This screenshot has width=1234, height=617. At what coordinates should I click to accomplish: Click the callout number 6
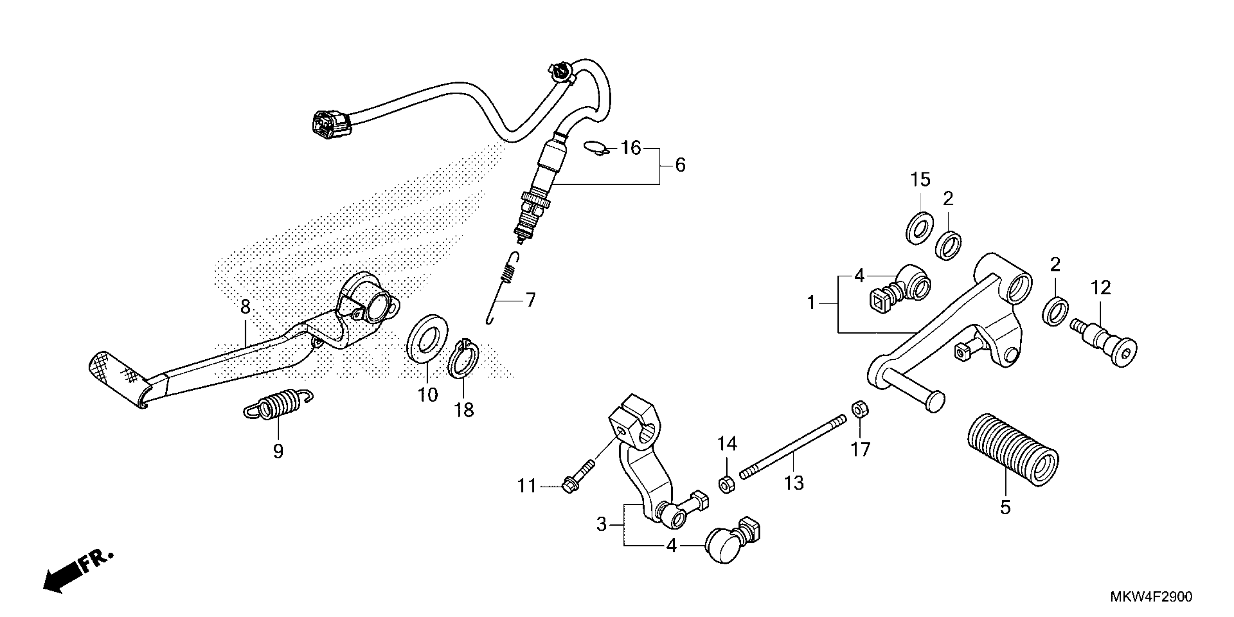coord(680,165)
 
